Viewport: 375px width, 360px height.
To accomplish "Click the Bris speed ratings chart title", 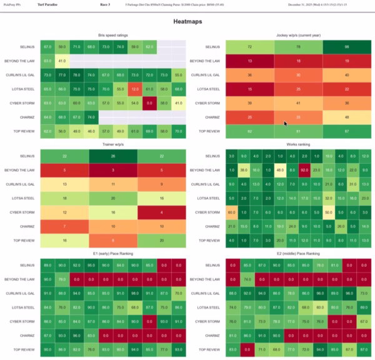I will (x=112, y=36).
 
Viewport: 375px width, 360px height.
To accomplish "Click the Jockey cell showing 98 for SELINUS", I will (x=348, y=47).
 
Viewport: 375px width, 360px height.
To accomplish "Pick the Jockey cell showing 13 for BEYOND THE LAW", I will (x=249, y=61).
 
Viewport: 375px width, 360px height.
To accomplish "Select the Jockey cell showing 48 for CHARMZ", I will (x=348, y=117).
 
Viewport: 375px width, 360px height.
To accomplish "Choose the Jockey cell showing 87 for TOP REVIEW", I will (x=348, y=131).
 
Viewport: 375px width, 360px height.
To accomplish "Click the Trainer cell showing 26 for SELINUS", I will (x=112, y=155).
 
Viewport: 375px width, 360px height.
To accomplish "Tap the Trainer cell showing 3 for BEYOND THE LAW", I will (x=112, y=169).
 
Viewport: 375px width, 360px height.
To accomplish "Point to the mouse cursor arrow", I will (x=286, y=123).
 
